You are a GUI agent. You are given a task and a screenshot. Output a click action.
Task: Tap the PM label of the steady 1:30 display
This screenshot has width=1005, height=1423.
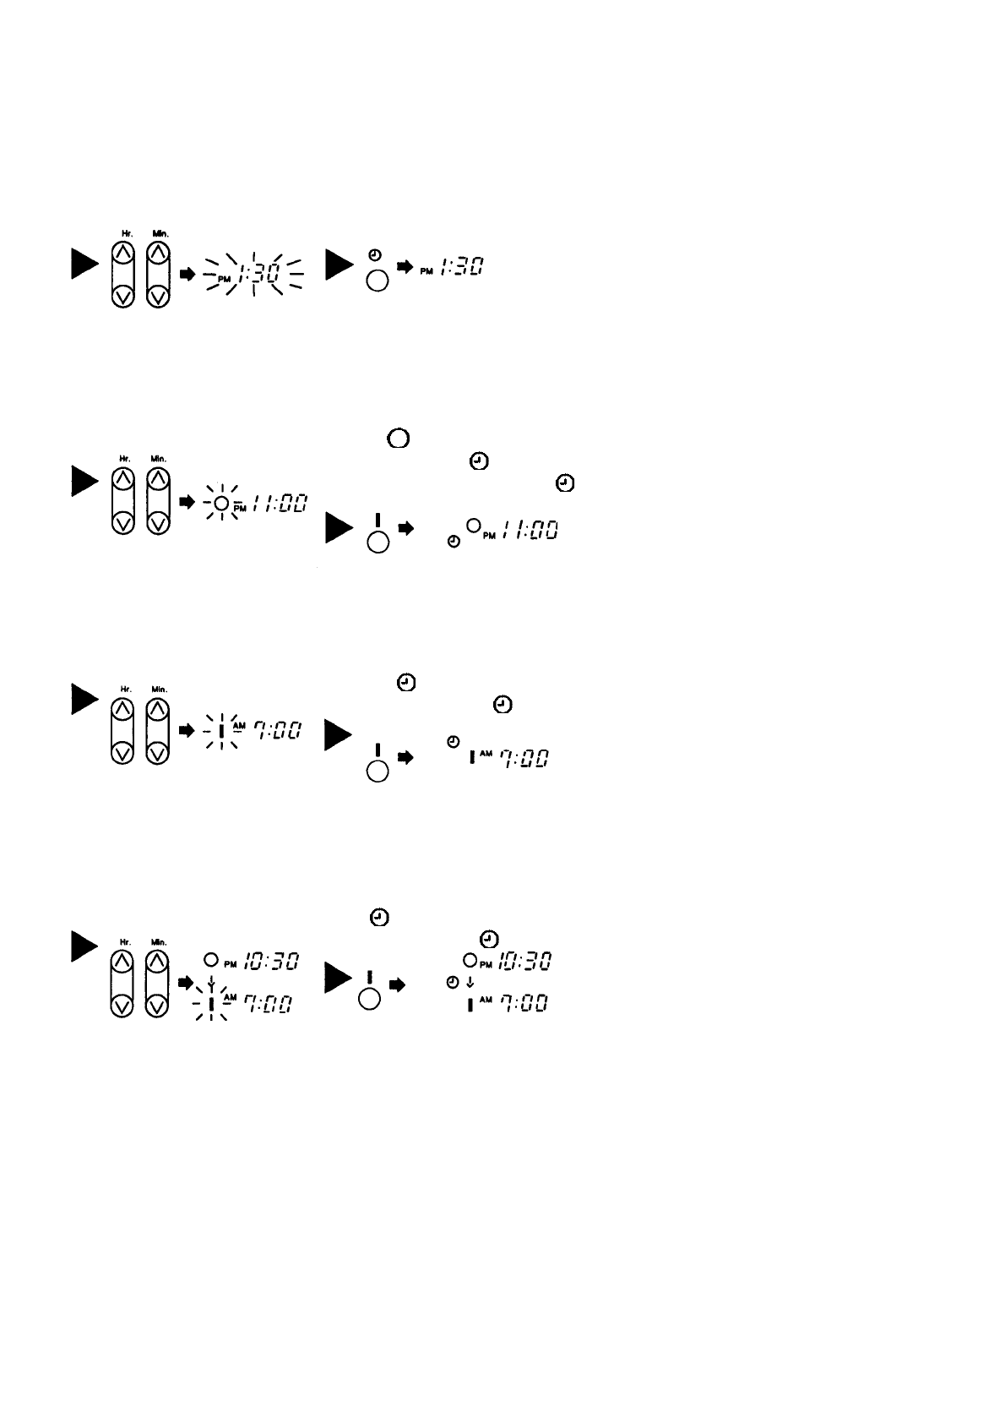[427, 270]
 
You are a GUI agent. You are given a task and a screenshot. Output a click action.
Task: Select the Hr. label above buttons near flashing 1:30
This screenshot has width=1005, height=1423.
[123, 232]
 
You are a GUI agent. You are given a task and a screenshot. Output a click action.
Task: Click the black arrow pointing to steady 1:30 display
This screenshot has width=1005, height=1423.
[404, 267]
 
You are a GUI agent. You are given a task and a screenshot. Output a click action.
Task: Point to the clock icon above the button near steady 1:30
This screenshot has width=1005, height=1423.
[376, 254]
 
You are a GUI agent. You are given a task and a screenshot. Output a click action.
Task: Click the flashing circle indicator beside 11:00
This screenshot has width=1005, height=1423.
[220, 504]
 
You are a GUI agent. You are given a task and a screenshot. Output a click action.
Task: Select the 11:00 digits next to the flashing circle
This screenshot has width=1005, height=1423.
[278, 504]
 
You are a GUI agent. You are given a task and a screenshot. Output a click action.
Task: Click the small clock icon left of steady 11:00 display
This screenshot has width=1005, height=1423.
[454, 541]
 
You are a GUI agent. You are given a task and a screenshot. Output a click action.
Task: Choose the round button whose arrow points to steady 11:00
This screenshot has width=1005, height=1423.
[378, 542]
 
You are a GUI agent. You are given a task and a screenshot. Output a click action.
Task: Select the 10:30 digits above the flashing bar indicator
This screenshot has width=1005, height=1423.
[271, 962]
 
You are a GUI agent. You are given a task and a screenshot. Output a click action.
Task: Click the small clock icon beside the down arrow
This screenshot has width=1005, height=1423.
[453, 983]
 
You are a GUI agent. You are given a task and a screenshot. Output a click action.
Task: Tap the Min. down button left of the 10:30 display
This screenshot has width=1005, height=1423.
[158, 1006]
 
